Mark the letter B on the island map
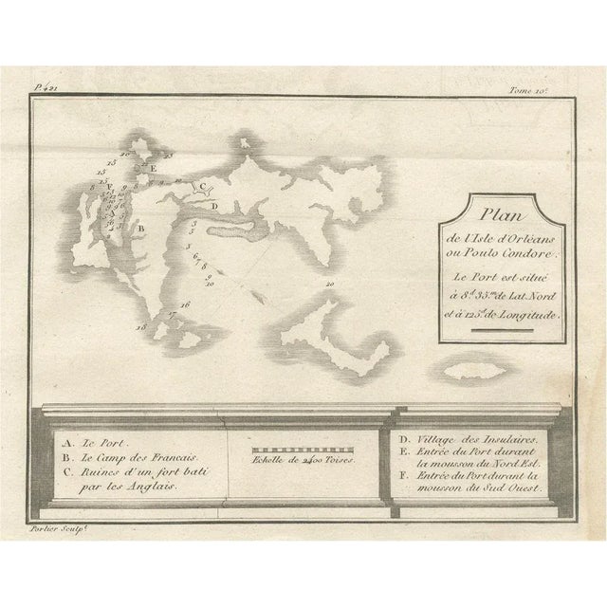tap(140, 228)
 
